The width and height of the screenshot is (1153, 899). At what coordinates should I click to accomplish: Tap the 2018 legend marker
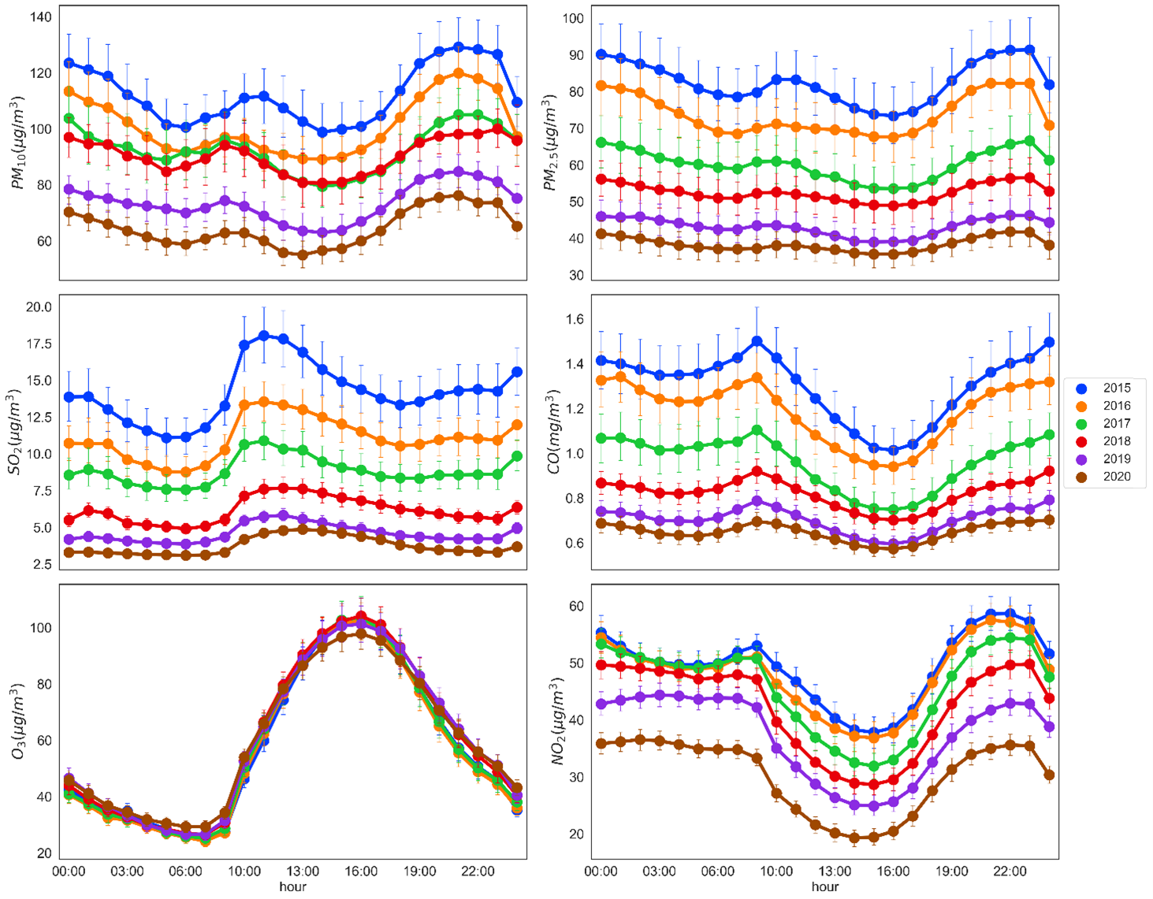click(1082, 441)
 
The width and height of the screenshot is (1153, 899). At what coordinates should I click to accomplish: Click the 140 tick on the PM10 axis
click(39, 17)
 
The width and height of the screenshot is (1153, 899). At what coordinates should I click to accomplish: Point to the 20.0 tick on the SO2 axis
click(38, 307)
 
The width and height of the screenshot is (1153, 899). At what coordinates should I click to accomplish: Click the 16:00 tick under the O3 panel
click(361, 871)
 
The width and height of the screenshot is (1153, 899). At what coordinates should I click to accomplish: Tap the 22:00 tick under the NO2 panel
click(1010, 871)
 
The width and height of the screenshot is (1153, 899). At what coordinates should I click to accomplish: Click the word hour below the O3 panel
click(292, 886)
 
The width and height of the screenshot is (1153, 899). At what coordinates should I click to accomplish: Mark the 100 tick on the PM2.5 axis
click(572, 19)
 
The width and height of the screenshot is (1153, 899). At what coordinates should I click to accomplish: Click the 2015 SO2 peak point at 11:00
click(264, 336)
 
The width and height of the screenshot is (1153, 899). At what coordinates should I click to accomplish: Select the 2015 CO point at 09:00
click(757, 342)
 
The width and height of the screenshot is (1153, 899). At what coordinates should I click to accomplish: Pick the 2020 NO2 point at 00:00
click(601, 744)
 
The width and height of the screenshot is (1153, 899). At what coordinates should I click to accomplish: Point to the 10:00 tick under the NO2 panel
click(776, 871)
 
